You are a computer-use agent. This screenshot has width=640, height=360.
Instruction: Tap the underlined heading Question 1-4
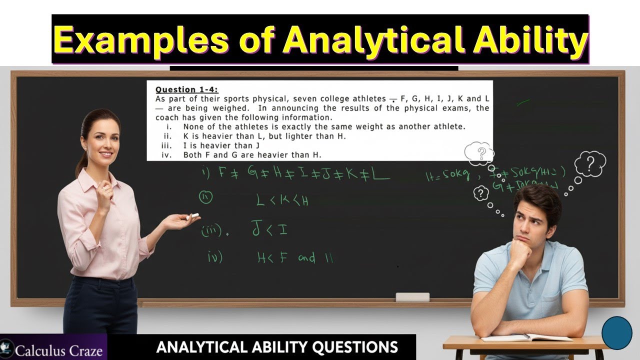pyautogui.click(x=186, y=89)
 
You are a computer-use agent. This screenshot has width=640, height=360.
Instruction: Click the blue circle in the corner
pyautogui.click(x=617, y=332)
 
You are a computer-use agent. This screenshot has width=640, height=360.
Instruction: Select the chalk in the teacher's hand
pyautogui.click(x=192, y=216)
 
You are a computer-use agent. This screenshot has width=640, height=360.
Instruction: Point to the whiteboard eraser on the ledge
pyautogui.click(x=412, y=297)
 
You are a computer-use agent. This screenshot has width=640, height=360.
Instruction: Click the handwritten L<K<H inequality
pyautogui.click(x=282, y=201)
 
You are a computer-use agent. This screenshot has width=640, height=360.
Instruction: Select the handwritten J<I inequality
pyautogui.click(x=269, y=229)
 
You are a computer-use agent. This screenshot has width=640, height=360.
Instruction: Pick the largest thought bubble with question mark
pyautogui.click(x=590, y=163)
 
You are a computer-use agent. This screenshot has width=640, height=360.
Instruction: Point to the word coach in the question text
pyautogui.click(x=167, y=117)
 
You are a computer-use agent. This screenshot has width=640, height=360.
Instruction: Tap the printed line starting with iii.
pyautogui.click(x=210, y=145)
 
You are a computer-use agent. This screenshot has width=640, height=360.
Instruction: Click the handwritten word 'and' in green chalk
pyautogui.click(x=306, y=258)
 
